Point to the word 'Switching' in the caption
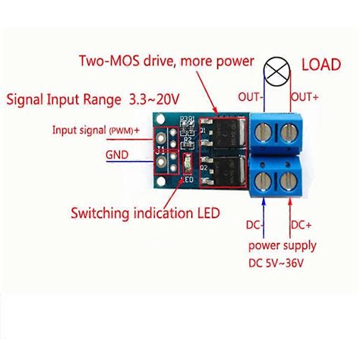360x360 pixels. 99,213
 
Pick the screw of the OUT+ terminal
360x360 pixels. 287,135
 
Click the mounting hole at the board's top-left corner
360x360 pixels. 162,120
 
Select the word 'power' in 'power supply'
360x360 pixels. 264,246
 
